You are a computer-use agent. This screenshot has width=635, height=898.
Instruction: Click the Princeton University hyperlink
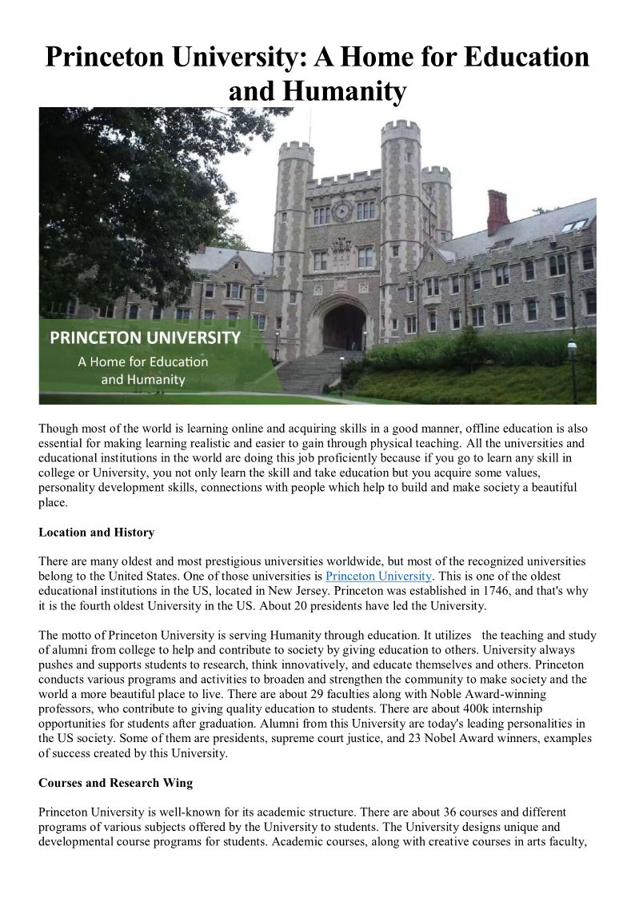tap(379, 576)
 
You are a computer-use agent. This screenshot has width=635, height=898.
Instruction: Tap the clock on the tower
tap(342, 211)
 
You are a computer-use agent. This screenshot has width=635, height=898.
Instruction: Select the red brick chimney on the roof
tap(497, 212)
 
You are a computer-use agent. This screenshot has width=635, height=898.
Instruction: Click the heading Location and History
tap(96, 532)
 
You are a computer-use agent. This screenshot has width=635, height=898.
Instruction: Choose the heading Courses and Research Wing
tap(115, 783)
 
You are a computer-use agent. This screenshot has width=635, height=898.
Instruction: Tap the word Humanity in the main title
tap(317, 92)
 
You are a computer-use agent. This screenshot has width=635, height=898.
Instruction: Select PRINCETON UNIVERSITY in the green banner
tap(145, 337)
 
